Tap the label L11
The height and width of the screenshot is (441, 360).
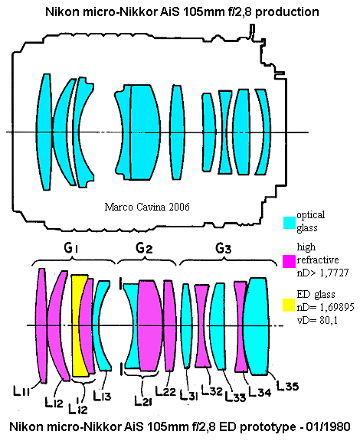tap(21, 390)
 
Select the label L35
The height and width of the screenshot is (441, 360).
tap(286, 386)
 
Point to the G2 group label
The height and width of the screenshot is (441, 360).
tap(144, 248)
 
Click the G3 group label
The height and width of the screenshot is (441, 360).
tap(223, 248)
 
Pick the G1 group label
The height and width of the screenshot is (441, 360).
tap(70, 248)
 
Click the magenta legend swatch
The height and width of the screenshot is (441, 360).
tap(289, 261)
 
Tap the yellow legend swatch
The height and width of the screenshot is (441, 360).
tap(289, 305)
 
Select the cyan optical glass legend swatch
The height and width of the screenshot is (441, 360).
tap(290, 223)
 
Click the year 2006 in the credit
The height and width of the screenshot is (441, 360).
tap(179, 207)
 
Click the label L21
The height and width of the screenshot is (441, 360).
tap(143, 400)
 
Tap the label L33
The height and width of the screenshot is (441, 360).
tap(235, 397)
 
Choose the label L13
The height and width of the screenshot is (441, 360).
tap(102, 396)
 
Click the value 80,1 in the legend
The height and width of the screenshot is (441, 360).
tap(327, 320)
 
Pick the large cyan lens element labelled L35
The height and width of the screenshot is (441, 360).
tap(256, 326)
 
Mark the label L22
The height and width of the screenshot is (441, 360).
tap(165, 391)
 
